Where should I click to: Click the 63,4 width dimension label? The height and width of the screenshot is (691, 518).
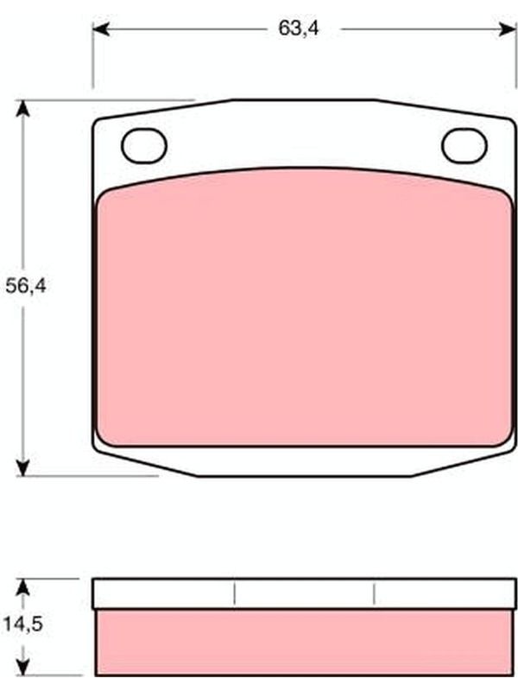298,29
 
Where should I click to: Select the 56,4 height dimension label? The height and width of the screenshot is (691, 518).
26,287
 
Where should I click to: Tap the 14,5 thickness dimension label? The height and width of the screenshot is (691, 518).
23,624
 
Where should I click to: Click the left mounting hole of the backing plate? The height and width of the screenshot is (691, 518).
144,146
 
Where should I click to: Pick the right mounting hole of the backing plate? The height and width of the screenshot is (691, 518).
464,146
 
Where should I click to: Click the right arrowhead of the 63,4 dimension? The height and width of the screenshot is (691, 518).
507,29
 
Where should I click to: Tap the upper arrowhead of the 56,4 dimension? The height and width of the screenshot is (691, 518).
22,109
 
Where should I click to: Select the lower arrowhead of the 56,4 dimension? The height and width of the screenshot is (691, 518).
22,467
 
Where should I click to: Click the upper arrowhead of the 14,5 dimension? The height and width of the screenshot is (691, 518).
22,587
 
